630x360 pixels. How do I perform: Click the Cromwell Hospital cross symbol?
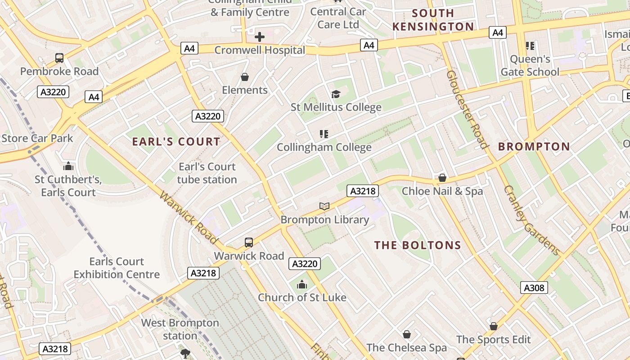tap(260, 36)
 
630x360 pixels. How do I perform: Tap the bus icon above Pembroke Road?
tap(59, 58)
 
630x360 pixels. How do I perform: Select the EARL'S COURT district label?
tap(176, 142)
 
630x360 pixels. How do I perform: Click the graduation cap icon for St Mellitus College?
tap(336, 94)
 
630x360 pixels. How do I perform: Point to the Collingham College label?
tap(324, 147)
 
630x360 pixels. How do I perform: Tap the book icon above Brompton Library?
tap(324, 206)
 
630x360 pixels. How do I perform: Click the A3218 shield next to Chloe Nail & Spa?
tap(362, 191)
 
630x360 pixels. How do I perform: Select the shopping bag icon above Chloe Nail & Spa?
tap(442, 178)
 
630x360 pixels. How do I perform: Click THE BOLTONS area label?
tap(418, 245)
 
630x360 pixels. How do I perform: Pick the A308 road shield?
tap(534, 288)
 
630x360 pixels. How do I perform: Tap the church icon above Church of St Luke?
tap(302, 284)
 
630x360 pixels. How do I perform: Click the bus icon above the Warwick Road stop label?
tap(249, 243)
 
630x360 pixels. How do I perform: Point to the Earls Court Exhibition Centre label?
tap(117, 268)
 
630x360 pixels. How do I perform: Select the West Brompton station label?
tap(180, 329)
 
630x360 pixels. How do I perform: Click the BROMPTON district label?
tap(534, 147)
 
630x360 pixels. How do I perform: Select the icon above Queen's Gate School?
tap(530, 45)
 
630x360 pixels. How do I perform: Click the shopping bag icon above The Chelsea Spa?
tap(407, 334)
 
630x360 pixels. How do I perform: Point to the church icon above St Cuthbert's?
tap(68, 166)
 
